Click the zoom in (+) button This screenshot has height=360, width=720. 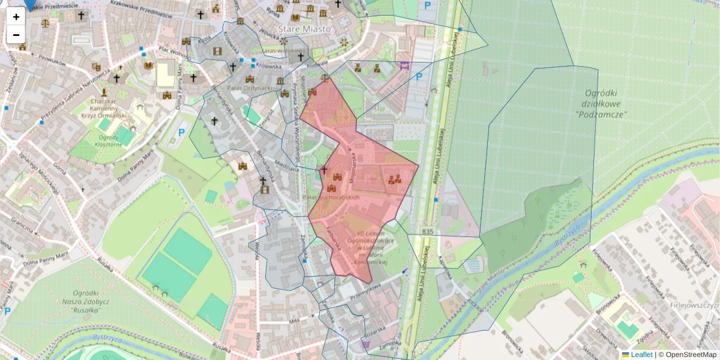(16, 17)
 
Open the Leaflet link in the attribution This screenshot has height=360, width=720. (641, 355)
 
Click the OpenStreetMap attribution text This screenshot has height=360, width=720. (691, 355)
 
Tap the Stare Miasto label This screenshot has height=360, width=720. (304, 28)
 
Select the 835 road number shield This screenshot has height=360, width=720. (427, 231)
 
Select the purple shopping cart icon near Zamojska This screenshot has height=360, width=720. (366, 344)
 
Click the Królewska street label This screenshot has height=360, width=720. (269, 66)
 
